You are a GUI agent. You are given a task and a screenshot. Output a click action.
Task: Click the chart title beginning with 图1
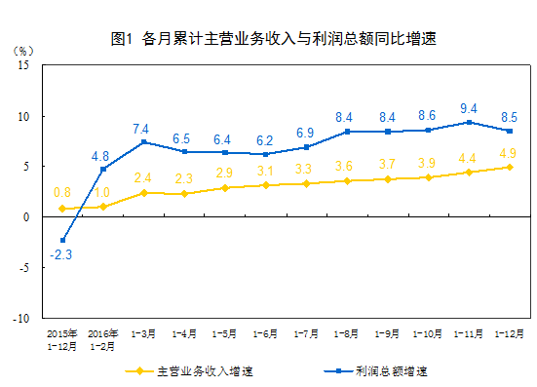click(273, 40)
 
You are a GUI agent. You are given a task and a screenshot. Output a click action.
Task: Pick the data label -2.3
click(61, 256)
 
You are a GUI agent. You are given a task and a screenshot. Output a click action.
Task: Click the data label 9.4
click(470, 108)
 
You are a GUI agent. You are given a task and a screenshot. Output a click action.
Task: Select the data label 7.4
click(143, 129)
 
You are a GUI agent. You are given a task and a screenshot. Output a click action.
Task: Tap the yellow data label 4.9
click(508, 153)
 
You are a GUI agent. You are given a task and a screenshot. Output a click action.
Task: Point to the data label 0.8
click(61, 192)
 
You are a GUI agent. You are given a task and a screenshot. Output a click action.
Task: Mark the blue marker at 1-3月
click(144, 142)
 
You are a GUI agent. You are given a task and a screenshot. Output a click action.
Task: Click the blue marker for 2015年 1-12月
click(62, 240)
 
